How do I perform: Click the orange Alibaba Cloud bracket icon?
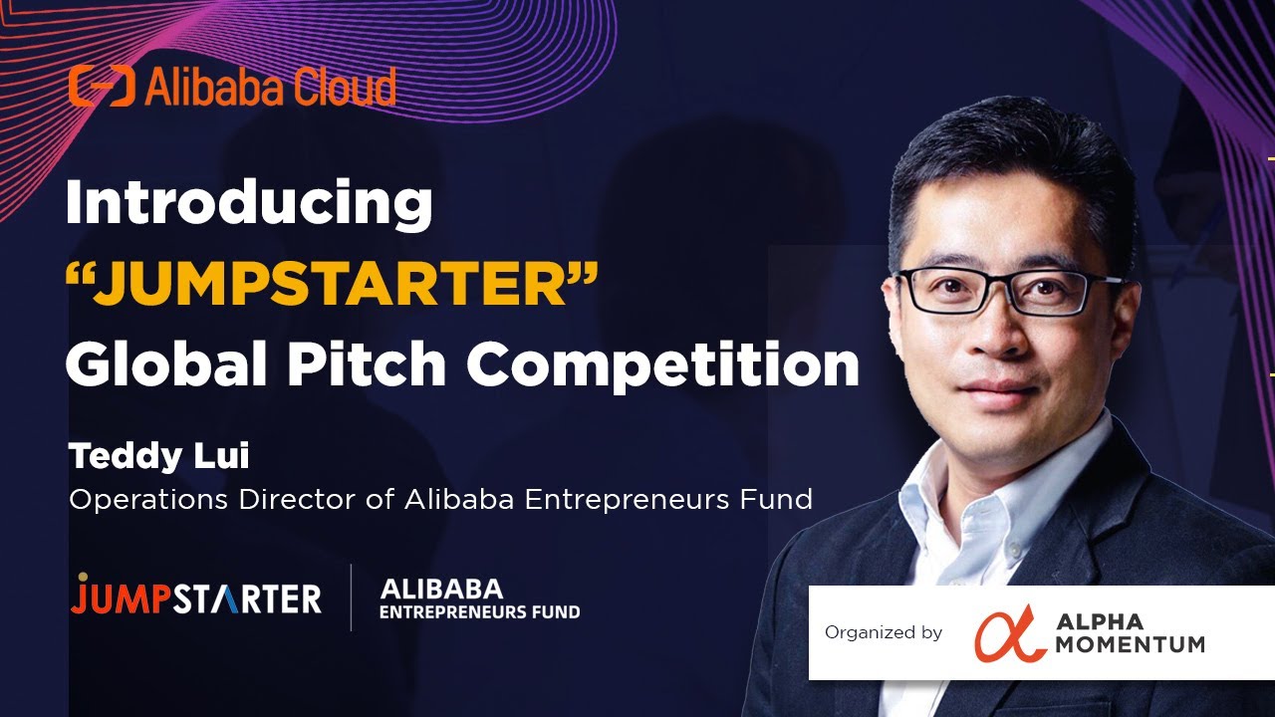[101, 88]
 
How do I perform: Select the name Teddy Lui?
[158, 457]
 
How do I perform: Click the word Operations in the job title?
[148, 499]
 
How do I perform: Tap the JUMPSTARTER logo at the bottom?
[196, 597]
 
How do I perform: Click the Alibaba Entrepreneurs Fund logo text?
[479, 598]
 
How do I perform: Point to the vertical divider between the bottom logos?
[351, 597]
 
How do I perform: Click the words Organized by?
[883, 633]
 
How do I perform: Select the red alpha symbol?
[1010, 633]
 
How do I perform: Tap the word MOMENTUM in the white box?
[1130, 644]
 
